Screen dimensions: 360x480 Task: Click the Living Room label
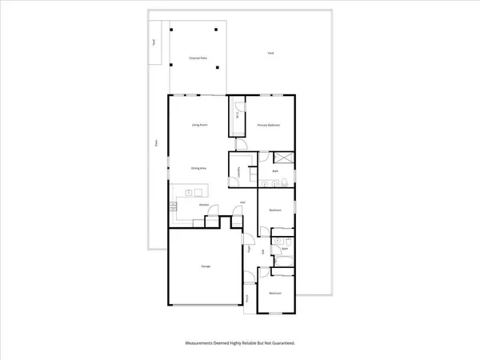click(199, 126)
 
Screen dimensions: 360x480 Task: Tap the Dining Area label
click(199, 168)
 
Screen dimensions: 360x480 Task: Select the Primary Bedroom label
click(267, 126)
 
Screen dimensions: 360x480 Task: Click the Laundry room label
click(238, 172)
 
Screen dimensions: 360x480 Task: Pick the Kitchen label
click(204, 206)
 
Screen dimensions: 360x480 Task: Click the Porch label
click(248, 298)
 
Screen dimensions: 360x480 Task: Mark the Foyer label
click(249, 248)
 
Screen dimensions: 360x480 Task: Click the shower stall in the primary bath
click(282, 158)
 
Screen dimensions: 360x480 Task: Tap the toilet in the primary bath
click(285, 183)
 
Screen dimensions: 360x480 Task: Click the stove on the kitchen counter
click(173, 207)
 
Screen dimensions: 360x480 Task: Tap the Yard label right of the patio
click(271, 54)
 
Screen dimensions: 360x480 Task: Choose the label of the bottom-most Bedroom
click(275, 294)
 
